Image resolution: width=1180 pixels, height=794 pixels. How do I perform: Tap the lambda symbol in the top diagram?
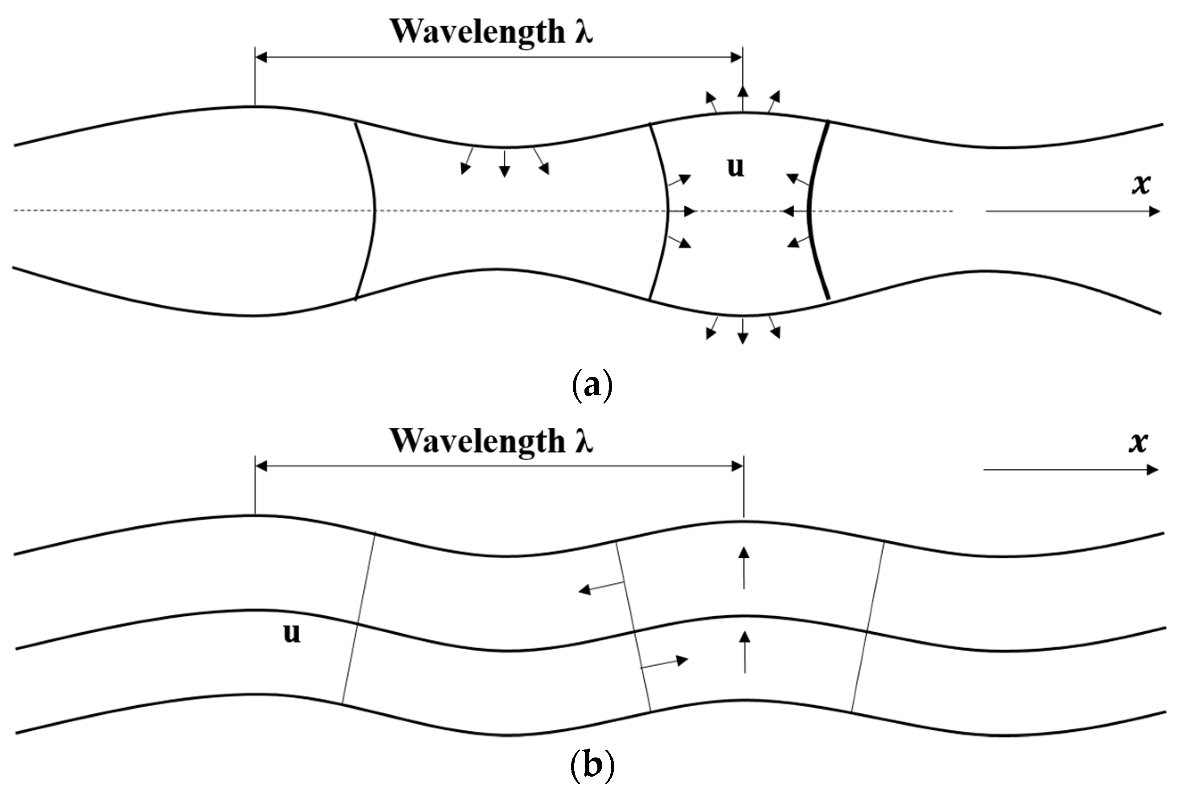pyautogui.click(x=583, y=31)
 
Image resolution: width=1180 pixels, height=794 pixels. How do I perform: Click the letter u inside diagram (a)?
pyautogui.click(x=735, y=167)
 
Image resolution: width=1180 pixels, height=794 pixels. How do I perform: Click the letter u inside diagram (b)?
pyautogui.click(x=292, y=633)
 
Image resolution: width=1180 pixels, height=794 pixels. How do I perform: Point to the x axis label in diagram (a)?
pyautogui.click(x=1141, y=184)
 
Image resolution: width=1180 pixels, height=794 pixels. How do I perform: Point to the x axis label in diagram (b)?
pyautogui.click(x=1138, y=442)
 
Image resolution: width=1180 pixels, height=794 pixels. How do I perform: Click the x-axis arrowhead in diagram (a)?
pyautogui.click(x=1154, y=211)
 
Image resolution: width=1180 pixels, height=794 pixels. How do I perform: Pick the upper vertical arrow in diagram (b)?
pyautogui.click(x=743, y=568)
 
